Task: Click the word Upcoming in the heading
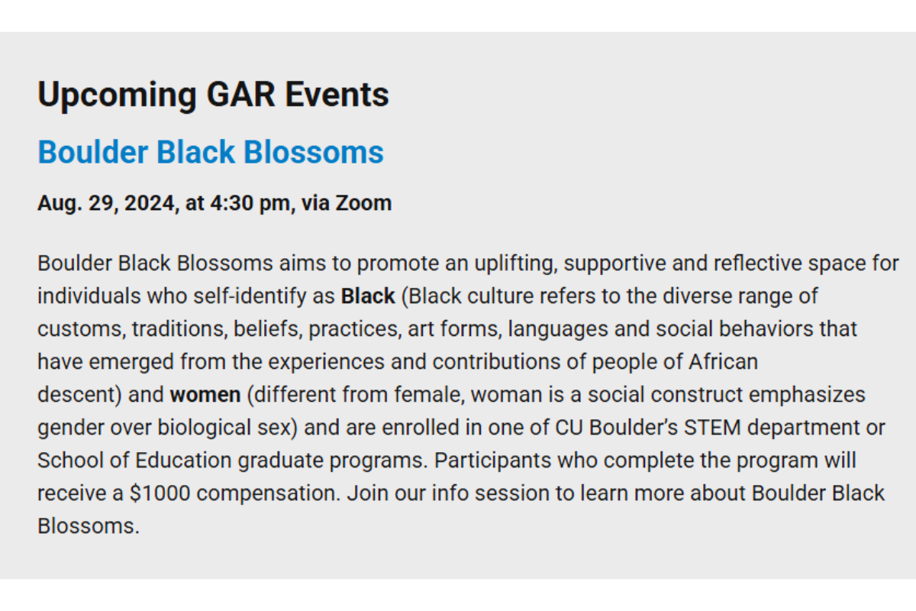tap(118, 95)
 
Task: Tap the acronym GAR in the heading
tap(240, 94)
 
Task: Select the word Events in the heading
tap(337, 94)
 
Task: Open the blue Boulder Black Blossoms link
tap(211, 152)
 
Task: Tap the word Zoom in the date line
tap(363, 203)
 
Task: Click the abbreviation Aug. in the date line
tap(60, 204)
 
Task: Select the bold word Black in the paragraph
tap(368, 296)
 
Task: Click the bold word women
tap(205, 395)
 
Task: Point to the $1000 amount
tap(160, 493)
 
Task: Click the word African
tap(723, 362)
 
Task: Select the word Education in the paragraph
tap(183, 461)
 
